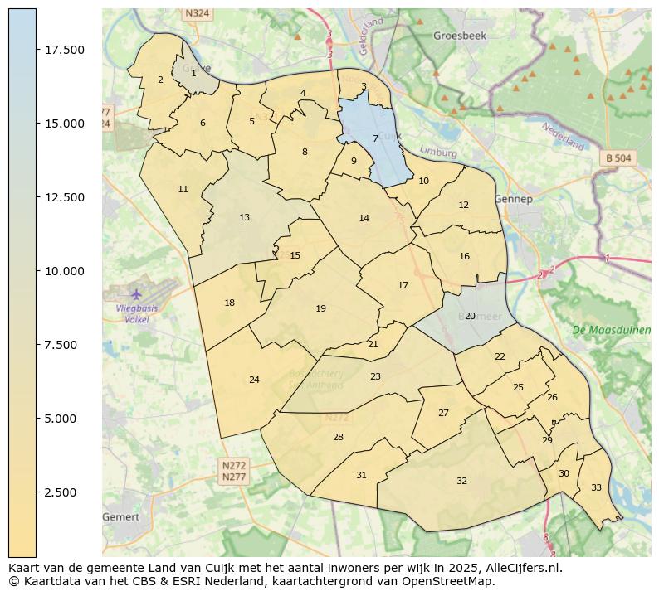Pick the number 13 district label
click(244, 218)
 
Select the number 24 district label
click(254, 380)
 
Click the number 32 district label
click(461, 481)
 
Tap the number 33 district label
click(596, 487)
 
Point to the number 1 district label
click(193, 73)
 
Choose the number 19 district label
click(320, 309)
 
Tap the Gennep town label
click(512, 199)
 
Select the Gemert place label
click(120, 516)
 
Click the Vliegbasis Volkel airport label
click(137, 313)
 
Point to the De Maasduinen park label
click(611, 330)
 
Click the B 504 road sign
click(618, 157)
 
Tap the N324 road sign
click(197, 13)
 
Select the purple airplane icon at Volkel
click(136, 293)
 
